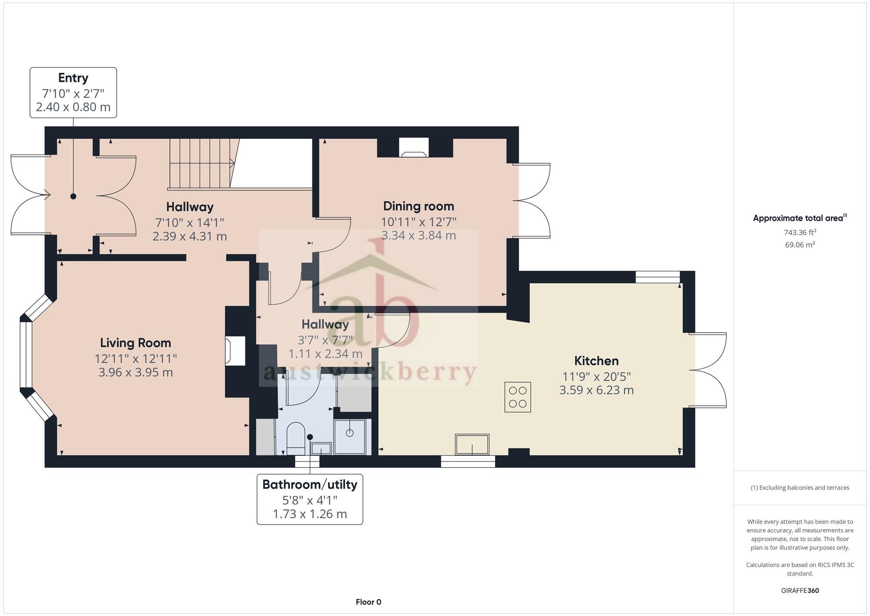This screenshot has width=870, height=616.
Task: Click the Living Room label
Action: (135, 343)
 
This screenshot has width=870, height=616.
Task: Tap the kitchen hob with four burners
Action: (517, 397)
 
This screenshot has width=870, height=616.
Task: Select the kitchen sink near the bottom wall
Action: (472, 444)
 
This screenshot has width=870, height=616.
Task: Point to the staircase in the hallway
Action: (200, 163)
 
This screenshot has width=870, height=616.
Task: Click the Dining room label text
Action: (418, 206)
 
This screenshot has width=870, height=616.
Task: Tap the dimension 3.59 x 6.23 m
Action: (596, 390)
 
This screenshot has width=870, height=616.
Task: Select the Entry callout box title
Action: (73, 78)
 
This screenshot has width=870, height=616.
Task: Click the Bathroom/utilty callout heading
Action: (310, 485)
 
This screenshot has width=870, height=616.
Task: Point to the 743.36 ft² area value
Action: (800, 232)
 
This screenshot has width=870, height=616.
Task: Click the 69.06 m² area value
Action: (800, 245)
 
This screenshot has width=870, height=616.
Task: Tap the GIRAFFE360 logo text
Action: (800, 591)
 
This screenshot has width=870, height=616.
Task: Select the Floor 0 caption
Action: (368, 602)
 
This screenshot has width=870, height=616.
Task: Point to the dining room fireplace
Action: (414, 149)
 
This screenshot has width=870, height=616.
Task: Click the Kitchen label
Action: (596, 361)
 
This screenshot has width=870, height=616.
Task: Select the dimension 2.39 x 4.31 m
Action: (190, 236)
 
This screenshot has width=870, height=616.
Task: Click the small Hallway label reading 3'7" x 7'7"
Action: (325, 325)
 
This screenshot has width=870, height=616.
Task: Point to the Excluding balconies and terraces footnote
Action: (800, 488)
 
